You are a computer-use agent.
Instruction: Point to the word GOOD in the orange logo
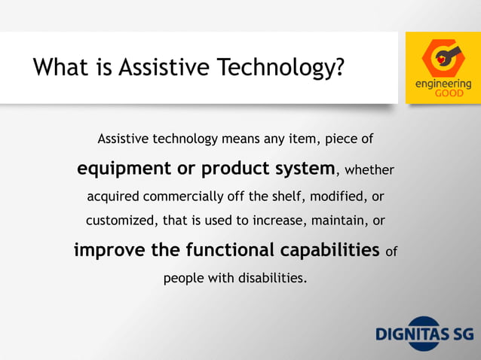point(443,94)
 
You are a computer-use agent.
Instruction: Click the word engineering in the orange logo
point(443,84)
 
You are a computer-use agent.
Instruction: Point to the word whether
point(369,170)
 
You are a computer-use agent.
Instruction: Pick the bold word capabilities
point(329,249)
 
